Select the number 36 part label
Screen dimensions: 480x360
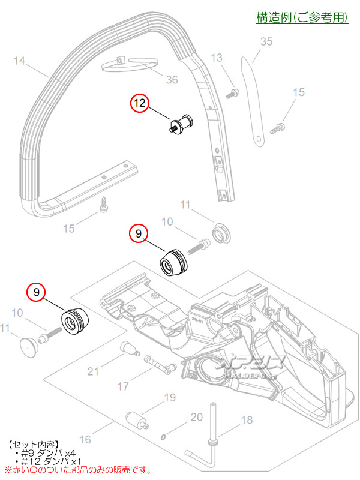[x=172, y=80]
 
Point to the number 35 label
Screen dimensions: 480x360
[x=266, y=41]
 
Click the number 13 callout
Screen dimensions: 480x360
[x=217, y=58]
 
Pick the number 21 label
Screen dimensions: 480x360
[x=93, y=371]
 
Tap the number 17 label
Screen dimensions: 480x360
[x=122, y=386]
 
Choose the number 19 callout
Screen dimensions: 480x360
[x=169, y=397]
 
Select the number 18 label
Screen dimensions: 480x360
[x=247, y=421]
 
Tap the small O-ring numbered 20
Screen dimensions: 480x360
[x=164, y=438]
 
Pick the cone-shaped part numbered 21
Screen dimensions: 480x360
[x=126, y=349]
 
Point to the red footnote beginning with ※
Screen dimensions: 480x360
[x=78, y=470]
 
